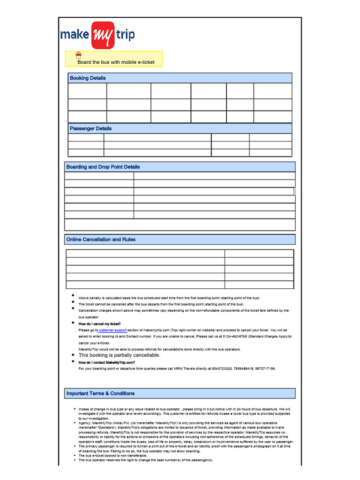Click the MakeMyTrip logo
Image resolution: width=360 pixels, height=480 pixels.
point(97,35)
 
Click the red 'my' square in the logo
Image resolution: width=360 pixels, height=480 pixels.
point(103,35)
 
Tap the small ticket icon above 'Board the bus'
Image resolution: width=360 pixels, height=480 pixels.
point(79,55)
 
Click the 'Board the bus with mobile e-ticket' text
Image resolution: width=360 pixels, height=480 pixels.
point(116,62)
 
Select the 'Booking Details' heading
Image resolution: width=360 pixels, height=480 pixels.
point(88,78)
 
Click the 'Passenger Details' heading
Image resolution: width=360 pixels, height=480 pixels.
point(90,128)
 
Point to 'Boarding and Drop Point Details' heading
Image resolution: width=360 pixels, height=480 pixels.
point(103,167)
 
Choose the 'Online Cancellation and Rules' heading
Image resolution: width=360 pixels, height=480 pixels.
point(101,240)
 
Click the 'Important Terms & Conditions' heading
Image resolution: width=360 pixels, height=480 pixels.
point(100,393)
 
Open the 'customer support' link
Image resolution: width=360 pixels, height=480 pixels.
point(113,330)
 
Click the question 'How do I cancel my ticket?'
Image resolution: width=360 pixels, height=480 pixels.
point(99,324)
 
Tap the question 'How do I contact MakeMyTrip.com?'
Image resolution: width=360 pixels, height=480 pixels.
point(106,362)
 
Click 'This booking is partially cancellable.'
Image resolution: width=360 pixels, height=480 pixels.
point(119,355)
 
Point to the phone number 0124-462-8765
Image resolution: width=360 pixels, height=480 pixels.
point(235,337)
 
